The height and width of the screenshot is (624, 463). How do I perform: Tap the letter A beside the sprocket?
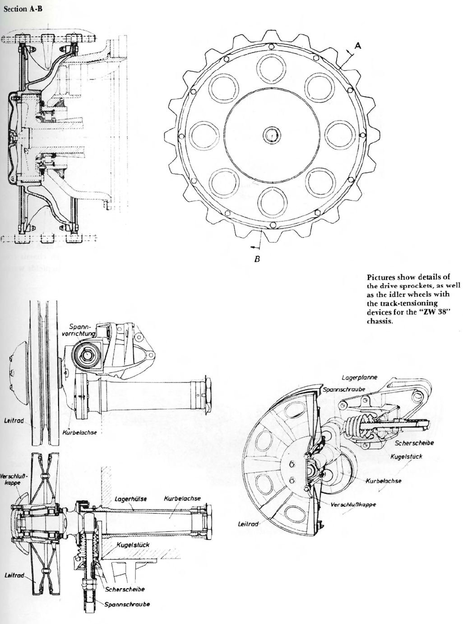(358, 45)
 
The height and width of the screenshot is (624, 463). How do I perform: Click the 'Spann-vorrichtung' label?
(82, 330)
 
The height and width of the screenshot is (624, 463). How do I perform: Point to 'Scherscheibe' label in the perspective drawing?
(414, 443)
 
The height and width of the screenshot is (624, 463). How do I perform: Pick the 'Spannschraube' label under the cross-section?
(127, 604)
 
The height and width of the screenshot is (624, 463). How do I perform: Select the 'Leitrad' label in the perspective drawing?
(248, 524)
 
